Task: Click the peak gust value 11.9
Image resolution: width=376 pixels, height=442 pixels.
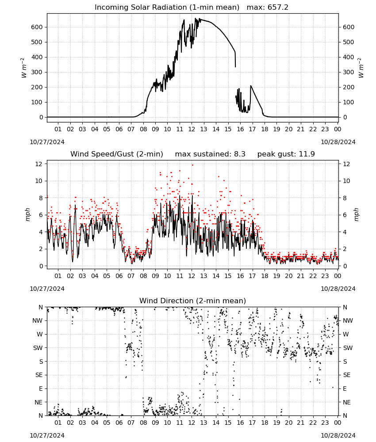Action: [x=306, y=154]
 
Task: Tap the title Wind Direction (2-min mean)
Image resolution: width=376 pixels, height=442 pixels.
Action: [x=193, y=301]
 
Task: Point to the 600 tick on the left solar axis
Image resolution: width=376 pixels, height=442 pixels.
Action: [x=37, y=27]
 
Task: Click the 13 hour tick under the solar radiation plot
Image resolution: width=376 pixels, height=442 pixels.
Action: [x=203, y=129]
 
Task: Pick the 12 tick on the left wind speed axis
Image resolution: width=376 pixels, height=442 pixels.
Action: [x=39, y=164]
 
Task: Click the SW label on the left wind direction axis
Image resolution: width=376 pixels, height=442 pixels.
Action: [x=38, y=348]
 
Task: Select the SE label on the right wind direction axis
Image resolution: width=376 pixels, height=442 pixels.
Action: [x=347, y=375]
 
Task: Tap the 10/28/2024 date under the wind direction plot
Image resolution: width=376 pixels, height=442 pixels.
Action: [x=338, y=435]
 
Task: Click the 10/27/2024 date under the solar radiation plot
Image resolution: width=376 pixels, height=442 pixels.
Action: [x=47, y=142]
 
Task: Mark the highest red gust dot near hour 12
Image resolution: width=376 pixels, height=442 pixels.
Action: [x=193, y=165]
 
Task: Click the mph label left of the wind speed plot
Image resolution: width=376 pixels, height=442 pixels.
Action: [x=27, y=214]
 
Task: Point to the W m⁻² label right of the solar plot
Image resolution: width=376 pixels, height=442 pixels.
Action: [x=361, y=68]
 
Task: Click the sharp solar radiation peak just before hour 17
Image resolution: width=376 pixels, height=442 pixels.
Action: [x=251, y=86]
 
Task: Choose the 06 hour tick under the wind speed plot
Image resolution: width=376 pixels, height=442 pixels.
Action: [x=119, y=276]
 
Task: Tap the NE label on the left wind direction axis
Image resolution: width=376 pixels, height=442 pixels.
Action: [x=38, y=402]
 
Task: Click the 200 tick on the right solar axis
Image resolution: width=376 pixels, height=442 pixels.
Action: [x=349, y=87]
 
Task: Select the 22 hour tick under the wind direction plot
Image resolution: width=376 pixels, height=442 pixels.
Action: [x=313, y=423]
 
